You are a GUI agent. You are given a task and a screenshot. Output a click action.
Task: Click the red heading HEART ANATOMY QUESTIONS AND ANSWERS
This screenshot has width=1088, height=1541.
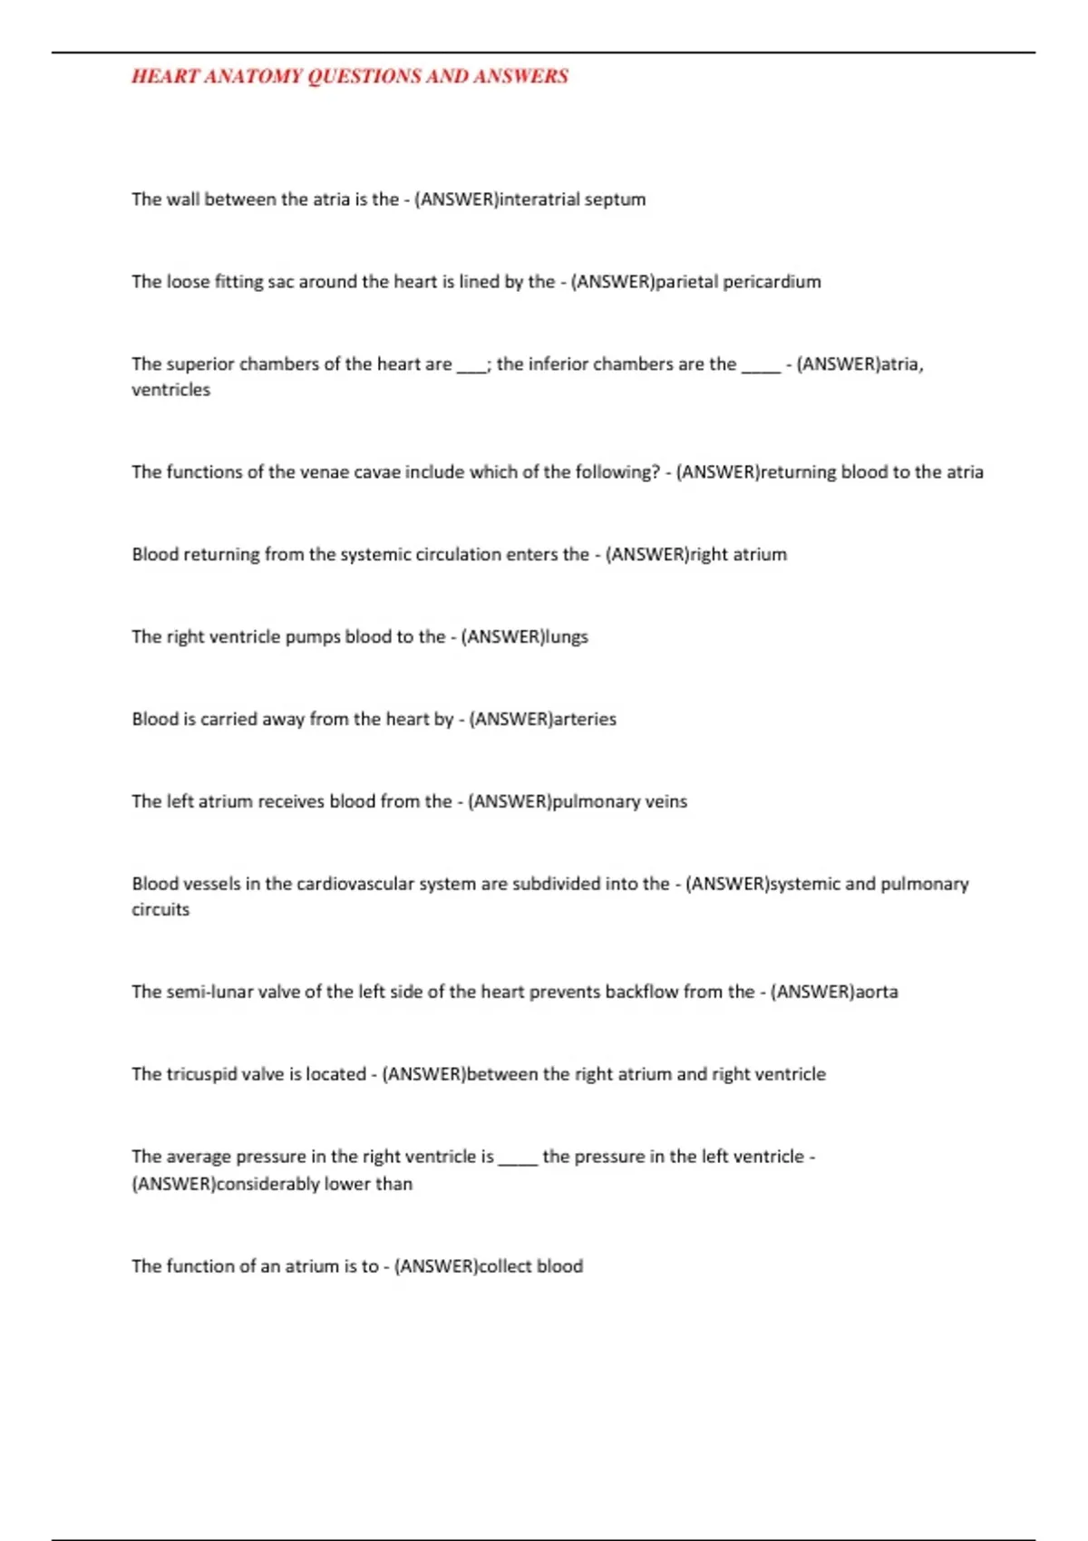tap(350, 76)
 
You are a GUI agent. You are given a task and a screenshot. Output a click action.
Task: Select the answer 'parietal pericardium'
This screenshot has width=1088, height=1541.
tap(738, 282)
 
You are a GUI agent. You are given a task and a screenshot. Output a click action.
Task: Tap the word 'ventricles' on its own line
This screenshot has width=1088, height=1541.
tap(170, 390)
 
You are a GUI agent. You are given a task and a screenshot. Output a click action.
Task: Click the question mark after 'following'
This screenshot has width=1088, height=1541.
tap(656, 472)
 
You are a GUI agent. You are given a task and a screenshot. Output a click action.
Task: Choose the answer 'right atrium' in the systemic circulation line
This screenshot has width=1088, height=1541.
tap(738, 555)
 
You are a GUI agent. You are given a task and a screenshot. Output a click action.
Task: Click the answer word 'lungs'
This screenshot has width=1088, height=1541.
tap(566, 637)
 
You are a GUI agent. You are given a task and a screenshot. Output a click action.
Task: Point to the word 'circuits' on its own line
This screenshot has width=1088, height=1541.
tap(160, 910)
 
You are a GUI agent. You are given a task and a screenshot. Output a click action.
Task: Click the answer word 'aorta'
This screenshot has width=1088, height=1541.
tap(877, 993)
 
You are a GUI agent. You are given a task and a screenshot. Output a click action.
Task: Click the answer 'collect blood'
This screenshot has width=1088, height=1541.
tap(530, 1267)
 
